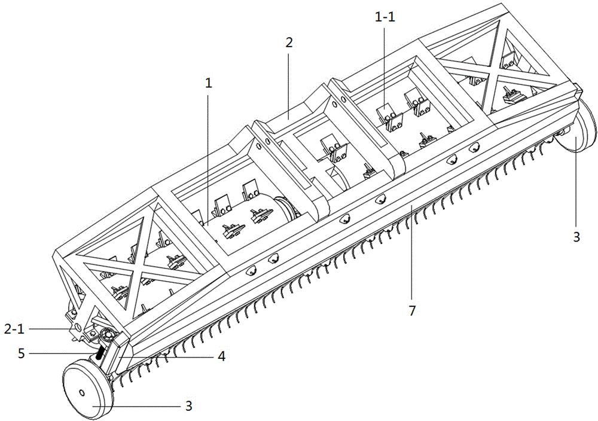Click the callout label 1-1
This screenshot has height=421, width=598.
pos(384,17)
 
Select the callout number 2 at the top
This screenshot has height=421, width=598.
pos(289,42)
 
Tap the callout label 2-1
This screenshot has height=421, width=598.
pos(14,329)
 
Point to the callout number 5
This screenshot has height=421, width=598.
pos(22,353)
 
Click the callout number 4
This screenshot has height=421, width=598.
pos(221,356)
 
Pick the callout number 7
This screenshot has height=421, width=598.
pos(411,311)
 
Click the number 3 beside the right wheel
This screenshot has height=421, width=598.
pos(576,237)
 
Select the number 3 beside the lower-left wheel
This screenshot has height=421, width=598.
pos(188,405)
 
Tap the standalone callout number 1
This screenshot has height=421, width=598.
pos(208,84)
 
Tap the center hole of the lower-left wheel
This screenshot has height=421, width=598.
pos(81,392)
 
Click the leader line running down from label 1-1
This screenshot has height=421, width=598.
pos(385,69)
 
